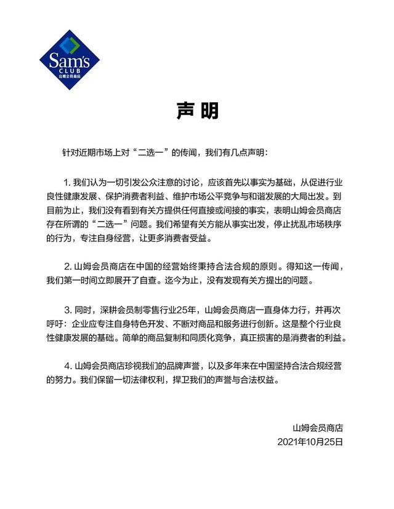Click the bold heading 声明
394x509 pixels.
pos(198,111)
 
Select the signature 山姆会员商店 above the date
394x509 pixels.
pos(317,427)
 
